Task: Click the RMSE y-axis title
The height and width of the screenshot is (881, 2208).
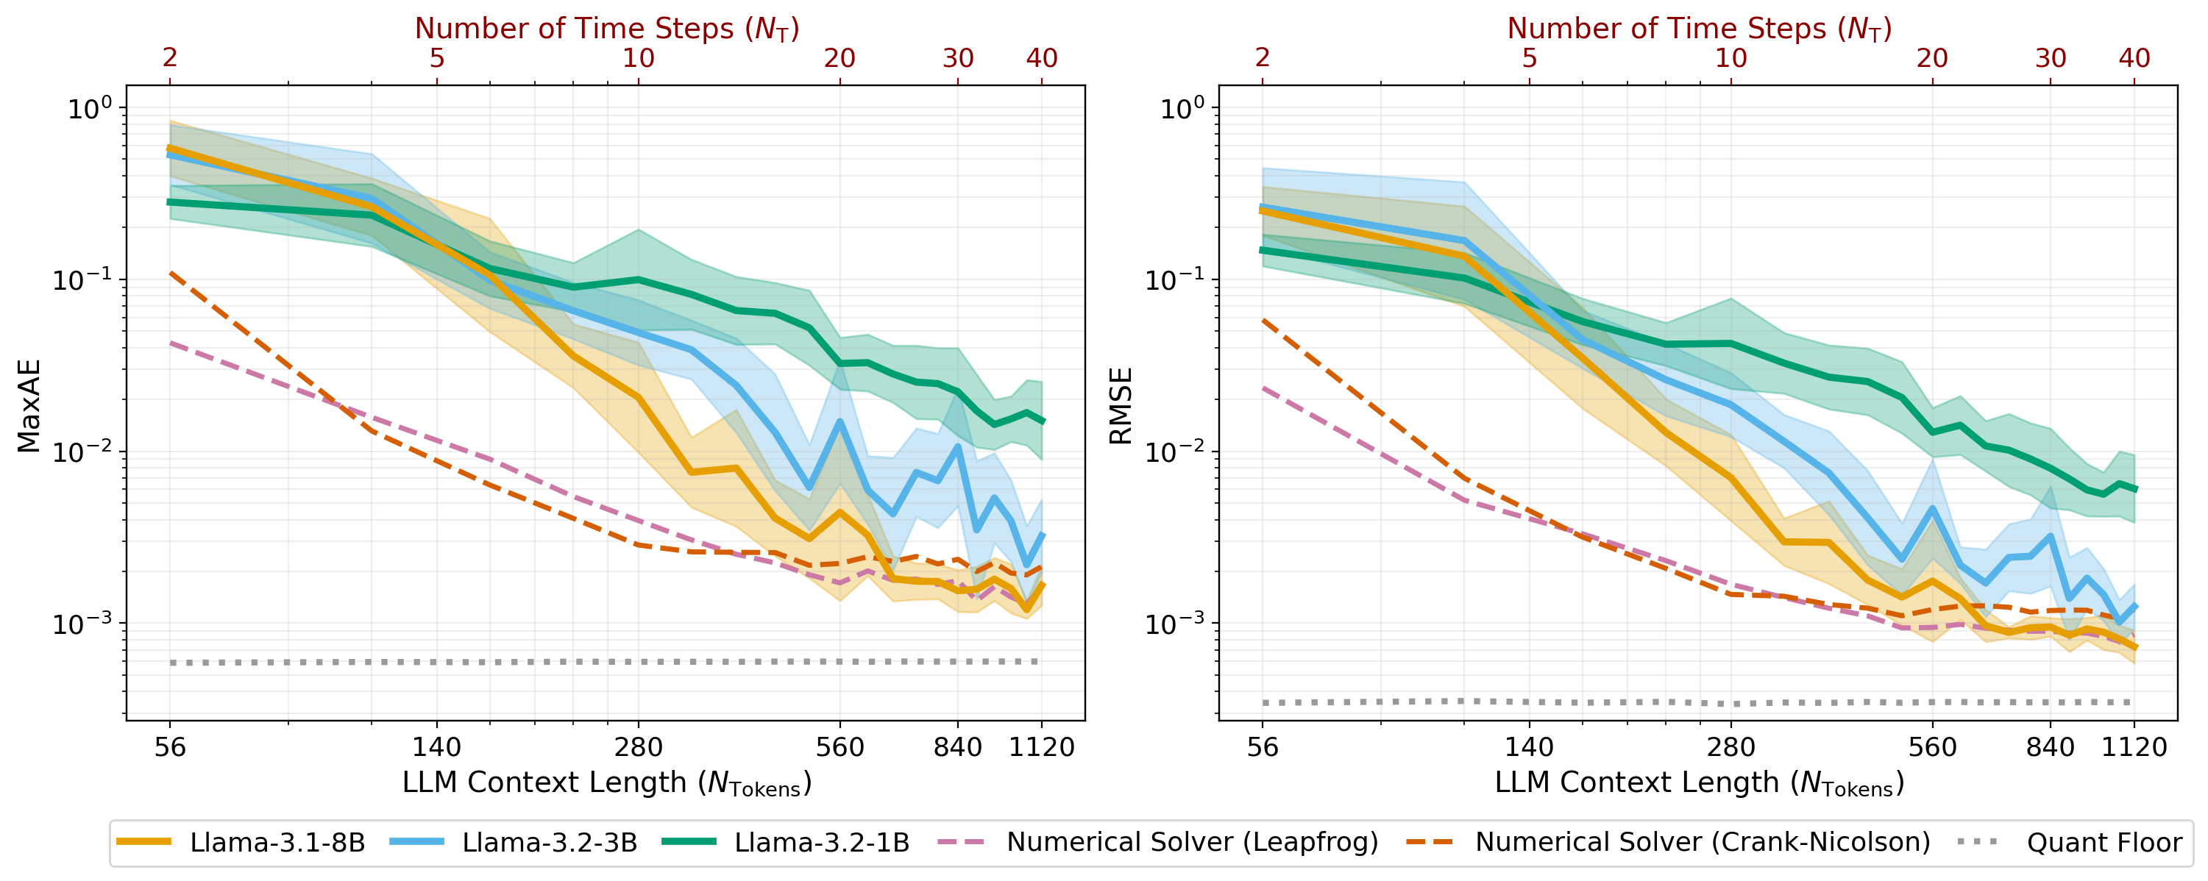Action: coord(1121,405)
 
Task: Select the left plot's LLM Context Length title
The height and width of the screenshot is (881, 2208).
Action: coord(606,783)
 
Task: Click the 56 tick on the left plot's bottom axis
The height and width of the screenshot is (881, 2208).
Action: coord(170,747)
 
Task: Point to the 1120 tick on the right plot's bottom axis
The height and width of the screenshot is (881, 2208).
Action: coord(2134,747)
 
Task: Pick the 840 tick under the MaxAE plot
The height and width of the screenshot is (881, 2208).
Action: coord(957,747)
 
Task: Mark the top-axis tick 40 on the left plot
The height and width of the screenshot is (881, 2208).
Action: coord(1041,58)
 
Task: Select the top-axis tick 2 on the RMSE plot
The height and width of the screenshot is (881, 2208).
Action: coord(1262,58)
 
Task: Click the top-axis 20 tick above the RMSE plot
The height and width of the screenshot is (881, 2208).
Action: coord(1932,58)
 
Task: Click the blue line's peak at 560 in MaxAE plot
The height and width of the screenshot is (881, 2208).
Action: coord(840,421)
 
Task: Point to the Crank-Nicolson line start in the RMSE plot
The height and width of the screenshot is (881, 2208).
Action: coord(1263,320)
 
